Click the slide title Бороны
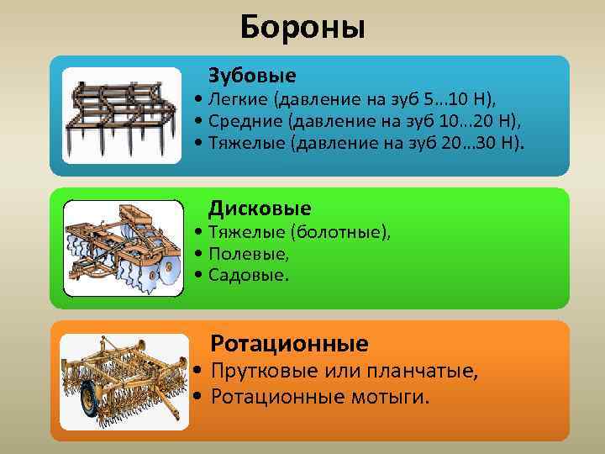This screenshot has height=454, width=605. point(302,27)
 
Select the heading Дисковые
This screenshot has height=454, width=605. point(260,208)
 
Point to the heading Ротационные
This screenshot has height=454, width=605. point(289,343)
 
